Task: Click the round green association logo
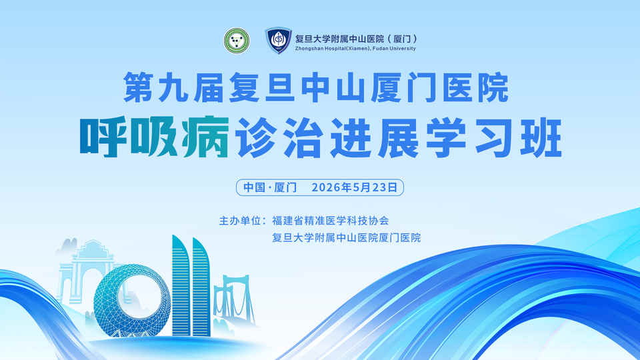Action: click(x=237, y=41)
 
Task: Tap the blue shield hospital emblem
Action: click(x=279, y=40)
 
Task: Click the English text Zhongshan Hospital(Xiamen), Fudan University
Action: click(x=355, y=49)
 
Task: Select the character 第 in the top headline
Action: click(x=139, y=88)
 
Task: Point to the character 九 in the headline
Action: click(x=174, y=88)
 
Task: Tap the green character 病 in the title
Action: click(x=206, y=137)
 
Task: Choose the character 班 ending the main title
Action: click(x=541, y=137)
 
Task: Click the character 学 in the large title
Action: click(x=446, y=137)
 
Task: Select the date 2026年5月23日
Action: click(x=354, y=187)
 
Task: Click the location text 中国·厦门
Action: click(x=270, y=187)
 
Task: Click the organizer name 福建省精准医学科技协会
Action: click(x=331, y=221)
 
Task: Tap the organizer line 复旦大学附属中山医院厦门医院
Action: click(x=346, y=238)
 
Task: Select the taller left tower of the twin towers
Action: click(x=181, y=286)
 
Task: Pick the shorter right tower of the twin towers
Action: click(x=201, y=288)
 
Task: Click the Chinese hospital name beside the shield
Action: click(x=356, y=39)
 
